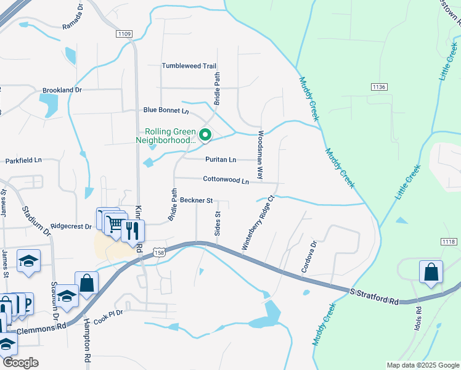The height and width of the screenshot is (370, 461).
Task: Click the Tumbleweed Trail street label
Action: pos(189,66)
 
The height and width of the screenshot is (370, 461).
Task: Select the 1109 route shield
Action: pos(124,35)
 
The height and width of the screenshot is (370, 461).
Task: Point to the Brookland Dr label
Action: pos(62,90)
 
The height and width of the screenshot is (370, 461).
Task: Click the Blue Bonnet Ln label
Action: pos(166,110)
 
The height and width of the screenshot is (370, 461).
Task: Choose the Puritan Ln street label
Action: pos(220,160)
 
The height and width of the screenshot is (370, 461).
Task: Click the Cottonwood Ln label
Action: pos(226,181)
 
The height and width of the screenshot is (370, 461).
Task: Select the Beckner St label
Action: pos(197,200)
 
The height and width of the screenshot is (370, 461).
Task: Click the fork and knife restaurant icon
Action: pos(133,231)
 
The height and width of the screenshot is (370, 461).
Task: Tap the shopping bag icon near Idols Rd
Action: pos(431,272)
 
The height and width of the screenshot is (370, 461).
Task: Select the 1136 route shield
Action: pos(379,88)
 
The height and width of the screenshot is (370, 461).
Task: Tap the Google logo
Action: pos(20,363)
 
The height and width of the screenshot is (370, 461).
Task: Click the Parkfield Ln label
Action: pos(23,160)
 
